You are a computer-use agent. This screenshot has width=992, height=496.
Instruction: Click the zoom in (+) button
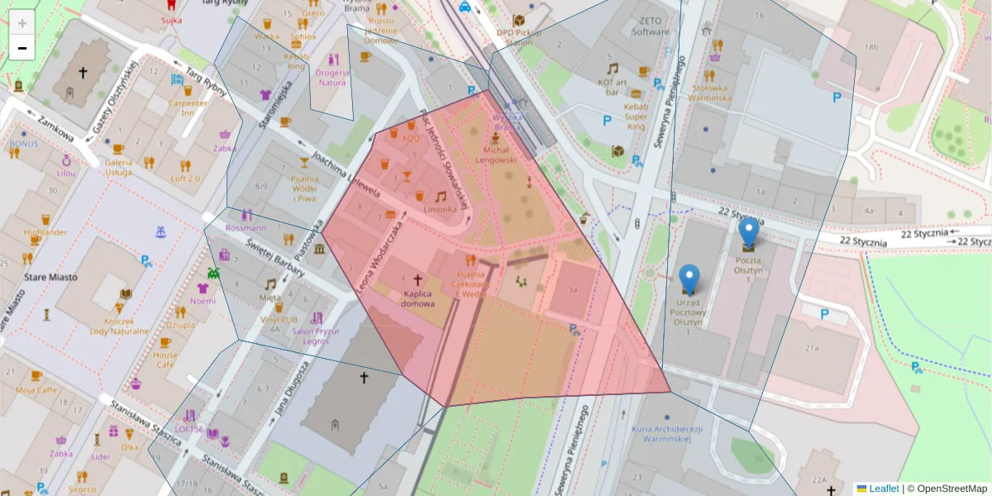tap(22, 23)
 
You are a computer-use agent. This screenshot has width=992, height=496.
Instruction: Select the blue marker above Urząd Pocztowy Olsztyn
tap(689, 279)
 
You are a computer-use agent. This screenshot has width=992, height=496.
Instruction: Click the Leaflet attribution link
tap(884, 489)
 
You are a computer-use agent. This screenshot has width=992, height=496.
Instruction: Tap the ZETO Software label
tap(651, 26)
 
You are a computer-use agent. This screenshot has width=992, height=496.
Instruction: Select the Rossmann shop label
tap(246, 227)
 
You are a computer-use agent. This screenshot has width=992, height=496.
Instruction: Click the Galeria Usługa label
tap(118, 167)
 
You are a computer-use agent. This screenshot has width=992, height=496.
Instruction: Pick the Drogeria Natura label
tap(331, 77)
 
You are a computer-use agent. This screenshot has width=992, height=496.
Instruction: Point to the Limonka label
tap(440, 209)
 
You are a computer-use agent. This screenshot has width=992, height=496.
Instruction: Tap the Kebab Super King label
tap(635, 117)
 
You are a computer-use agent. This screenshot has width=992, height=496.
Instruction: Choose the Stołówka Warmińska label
tap(710, 92)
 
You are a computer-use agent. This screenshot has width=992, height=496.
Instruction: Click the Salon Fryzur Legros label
tap(316, 336)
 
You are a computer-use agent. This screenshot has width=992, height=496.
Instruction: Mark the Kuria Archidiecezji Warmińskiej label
tap(666, 434)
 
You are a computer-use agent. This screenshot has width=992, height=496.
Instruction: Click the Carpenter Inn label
tap(188, 107)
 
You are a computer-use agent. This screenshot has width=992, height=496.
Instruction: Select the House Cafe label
tap(165, 360)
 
